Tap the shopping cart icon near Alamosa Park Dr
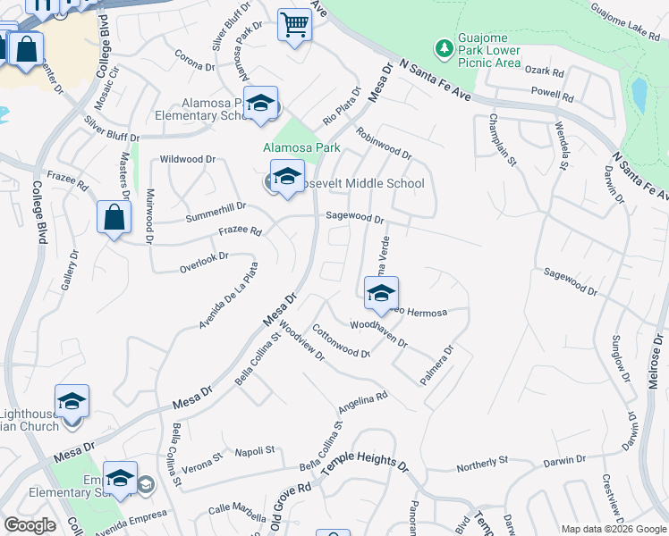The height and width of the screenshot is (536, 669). (x=294, y=25)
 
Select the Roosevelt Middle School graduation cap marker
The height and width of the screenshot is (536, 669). (x=287, y=176)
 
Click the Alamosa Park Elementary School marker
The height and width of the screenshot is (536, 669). (x=260, y=104)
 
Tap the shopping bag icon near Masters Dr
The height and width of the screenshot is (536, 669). (x=114, y=217)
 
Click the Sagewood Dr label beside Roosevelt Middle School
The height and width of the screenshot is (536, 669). (x=354, y=217)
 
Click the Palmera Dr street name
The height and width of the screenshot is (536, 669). (x=437, y=365)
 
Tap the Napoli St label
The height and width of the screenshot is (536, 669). (x=254, y=452)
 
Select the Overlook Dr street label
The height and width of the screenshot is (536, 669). (x=204, y=258)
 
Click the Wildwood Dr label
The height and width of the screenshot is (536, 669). (x=188, y=159)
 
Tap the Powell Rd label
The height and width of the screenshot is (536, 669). (x=552, y=92)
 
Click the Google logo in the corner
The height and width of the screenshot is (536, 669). (x=30, y=525)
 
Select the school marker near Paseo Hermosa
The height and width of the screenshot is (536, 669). (x=381, y=292)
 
